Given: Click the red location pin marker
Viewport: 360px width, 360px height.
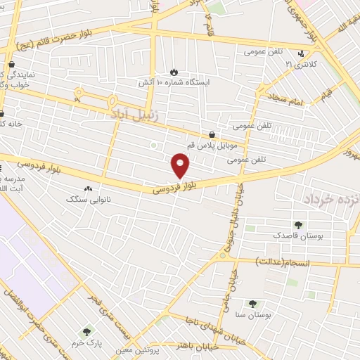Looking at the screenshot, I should point(181,165).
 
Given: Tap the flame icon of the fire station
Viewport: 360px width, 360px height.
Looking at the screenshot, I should point(174,72).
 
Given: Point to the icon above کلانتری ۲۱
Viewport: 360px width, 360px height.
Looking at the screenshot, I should point(301,53).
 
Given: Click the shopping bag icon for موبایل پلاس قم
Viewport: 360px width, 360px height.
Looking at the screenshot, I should point(212,134).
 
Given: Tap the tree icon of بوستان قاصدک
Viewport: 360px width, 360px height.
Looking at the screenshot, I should point(298,226).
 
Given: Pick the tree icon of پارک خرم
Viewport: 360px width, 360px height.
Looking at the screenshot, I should point(87,331).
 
